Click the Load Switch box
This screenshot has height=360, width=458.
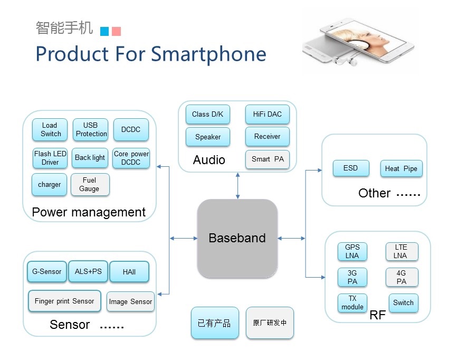click(50, 129)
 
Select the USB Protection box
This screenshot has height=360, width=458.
click(91, 129)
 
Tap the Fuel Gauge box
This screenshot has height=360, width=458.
click(90, 184)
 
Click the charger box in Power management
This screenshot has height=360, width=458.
click(50, 184)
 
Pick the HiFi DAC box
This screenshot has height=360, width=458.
click(268, 114)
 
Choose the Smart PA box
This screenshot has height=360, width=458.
click(268, 159)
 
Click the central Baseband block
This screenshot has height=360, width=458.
click(237, 238)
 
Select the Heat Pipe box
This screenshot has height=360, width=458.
click(402, 168)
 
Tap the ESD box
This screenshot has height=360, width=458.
click(351, 168)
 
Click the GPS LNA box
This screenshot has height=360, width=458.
click(352, 251)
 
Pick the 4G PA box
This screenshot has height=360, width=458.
click(402, 277)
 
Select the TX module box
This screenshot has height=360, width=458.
click(352, 303)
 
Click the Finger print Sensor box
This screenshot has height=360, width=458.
click(64, 301)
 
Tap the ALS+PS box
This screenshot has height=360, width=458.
click(88, 271)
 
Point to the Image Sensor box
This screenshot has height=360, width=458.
click(130, 301)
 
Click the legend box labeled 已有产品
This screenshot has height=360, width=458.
click(215, 323)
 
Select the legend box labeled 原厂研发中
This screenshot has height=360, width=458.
click(270, 323)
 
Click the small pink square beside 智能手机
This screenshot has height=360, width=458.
click(116, 31)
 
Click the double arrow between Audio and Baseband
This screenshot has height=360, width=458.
click(238, 186)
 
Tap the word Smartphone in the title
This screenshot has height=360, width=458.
click(208, 55)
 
